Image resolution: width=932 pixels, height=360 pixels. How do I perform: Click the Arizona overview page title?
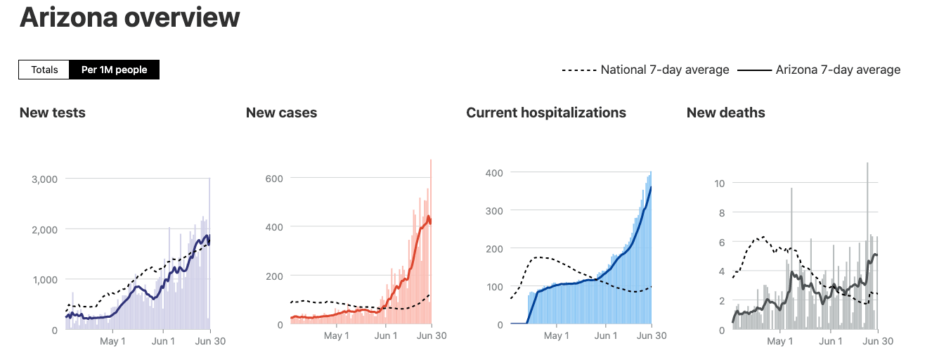point(129,18)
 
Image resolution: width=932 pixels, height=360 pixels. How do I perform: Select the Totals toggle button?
point(44,70)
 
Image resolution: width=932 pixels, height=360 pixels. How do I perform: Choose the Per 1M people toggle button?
point(114,70)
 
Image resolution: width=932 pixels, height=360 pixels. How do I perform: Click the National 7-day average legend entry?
point(645,70)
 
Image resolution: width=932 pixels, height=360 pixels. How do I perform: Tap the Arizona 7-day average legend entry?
point(820,70)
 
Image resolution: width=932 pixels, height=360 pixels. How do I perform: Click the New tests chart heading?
point(53,112)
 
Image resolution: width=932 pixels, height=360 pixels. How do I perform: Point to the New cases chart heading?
point(281,112)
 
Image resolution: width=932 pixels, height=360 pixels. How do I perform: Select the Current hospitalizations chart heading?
point(546,112)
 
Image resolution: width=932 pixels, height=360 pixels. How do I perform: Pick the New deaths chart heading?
point(725,112)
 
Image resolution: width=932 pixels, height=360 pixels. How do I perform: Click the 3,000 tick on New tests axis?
point(44,179)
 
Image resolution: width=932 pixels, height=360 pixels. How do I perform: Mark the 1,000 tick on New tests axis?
point(44,280)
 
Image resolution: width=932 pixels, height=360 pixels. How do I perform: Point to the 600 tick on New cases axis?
point(274,179)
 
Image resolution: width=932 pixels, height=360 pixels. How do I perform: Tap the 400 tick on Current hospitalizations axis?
point(494,172)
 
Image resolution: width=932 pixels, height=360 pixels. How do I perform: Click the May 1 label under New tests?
point(113,341)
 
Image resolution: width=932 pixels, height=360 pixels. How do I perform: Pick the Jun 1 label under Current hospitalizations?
point(605,336)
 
